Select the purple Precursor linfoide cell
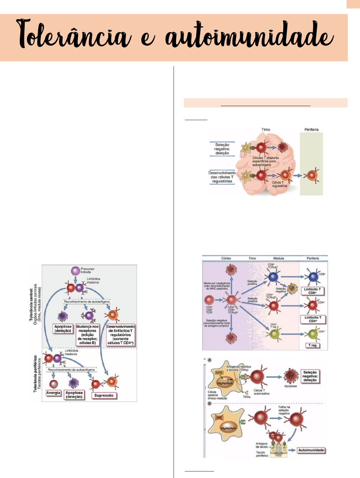pos(76,271)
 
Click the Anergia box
pos(53,393)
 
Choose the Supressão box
pos(104,395)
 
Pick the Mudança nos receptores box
pos(87,335)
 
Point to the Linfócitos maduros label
pos(71,352)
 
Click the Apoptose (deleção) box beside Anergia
pos(74,395)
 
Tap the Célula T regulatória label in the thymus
pos(279,184)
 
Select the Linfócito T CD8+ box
pos(312,291)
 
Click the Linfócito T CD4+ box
pos(313,319)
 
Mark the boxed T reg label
pos(312,345)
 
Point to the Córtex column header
pos(226,258)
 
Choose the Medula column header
pos(278,258)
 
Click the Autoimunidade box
pos(311,450)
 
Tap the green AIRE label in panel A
pos(219,373)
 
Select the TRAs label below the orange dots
pos(246,397)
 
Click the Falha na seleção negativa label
pos(284,410)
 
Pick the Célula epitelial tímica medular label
pos(217,395)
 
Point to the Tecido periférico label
pos(262,454)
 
